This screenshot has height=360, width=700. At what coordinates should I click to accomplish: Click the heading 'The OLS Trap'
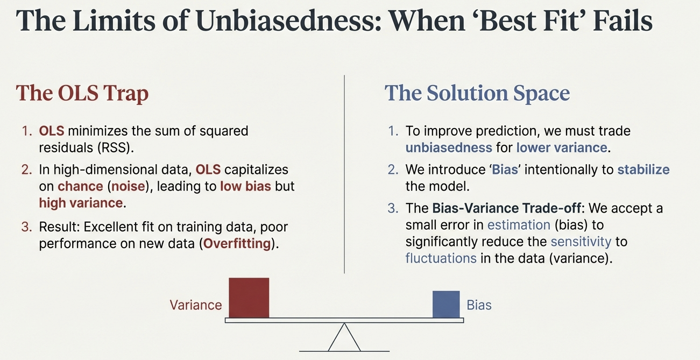coord(82,93)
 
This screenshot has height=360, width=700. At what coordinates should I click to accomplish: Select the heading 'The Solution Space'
coord(477,93)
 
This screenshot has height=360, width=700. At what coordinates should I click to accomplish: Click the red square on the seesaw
coord(249,298)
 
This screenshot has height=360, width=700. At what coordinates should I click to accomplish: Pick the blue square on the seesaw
coord(446,305)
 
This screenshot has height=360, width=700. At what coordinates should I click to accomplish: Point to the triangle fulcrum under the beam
coord(344,337)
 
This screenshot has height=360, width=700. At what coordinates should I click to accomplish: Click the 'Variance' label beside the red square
coord(196,305)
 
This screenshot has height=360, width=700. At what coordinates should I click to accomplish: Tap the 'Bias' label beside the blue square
coord(479,305)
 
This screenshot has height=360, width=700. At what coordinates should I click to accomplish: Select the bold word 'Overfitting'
coord(237,243)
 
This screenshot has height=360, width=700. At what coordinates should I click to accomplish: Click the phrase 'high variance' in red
coord(81,203)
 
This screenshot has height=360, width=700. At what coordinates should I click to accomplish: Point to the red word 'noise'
coord(128,186)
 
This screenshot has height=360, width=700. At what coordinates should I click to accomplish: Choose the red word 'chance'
coord(80,186)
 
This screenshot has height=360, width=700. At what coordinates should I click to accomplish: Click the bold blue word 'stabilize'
coord(644,170)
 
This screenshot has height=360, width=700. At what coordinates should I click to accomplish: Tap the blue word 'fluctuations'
coord(441,258)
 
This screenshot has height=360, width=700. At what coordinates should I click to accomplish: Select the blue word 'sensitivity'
coord(581,242)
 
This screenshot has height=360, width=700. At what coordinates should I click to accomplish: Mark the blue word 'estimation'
coord(519,225)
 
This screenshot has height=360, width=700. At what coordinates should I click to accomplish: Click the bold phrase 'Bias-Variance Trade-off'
coord(506,208)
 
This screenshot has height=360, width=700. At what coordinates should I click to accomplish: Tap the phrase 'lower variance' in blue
coord(561,147)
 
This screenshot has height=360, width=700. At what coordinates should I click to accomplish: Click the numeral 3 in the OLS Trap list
coord(26,227)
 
